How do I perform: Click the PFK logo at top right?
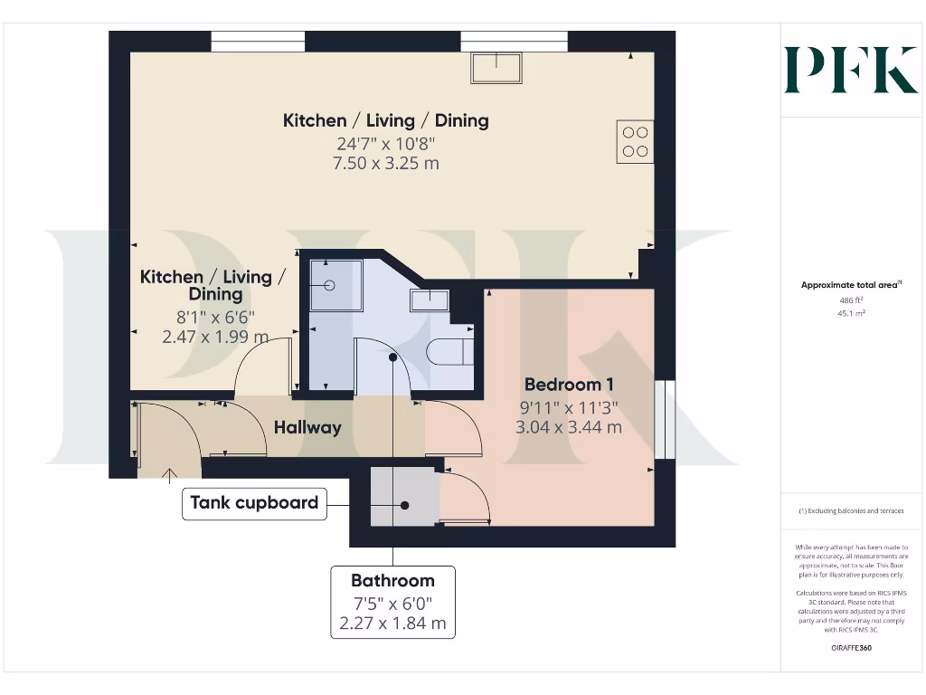click(850, 70)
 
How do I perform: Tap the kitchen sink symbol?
click(496, 68)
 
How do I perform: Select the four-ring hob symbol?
click(636, 141)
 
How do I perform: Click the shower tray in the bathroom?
click(335, 285)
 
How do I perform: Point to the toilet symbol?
click(449, 351)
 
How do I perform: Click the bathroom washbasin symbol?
click(430, 300)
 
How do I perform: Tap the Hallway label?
click(307, 427)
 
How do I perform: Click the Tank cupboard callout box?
click(253, 503)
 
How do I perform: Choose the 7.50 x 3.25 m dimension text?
click(386, 163)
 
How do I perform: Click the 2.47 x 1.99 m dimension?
click(215, 337)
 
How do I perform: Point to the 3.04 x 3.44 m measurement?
click(569, 426)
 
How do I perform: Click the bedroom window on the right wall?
click(665, 419)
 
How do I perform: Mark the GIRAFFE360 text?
click(850, 648)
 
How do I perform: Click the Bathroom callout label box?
click(392, 602)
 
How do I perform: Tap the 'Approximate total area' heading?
click(850, 285)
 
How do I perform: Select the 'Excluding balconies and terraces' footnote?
click(850, 511)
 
